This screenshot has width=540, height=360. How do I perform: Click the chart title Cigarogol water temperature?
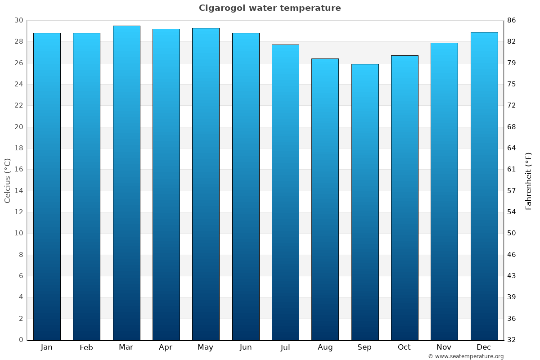(x=270, y=8)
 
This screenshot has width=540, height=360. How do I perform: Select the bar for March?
(x=126, y=183)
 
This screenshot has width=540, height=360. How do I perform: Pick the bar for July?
(x=285, y=192)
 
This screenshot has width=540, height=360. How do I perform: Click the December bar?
(x=484, y=186)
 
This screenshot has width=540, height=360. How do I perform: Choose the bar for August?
(x=325, y=199)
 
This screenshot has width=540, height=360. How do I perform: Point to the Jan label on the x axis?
(x=47, y=347)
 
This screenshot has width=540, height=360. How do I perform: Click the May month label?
(x=206, y=347)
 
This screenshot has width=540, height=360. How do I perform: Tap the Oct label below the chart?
(x=404, y=347)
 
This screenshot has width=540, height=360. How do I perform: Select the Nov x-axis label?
(x=444, y=347)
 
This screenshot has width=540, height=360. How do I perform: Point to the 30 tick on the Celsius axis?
(x=18, y=20)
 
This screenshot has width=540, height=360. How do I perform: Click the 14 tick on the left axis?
(x=18, y=191)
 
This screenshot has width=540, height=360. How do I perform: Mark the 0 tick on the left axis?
(x=21, y=340)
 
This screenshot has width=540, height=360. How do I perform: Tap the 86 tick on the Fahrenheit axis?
(x=511, y=20)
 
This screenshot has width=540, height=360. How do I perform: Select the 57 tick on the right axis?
(x=511, y=191)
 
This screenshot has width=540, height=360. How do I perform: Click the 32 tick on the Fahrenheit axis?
(x=511, y=340)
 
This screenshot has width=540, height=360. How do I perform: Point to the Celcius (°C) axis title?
(x=7, y=180)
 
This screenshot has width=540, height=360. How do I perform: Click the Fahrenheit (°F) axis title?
(x=529, y=180)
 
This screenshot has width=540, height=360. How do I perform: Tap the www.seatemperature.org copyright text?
(x=466, y=356)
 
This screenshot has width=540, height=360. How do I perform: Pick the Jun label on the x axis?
(x=246, y=347)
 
